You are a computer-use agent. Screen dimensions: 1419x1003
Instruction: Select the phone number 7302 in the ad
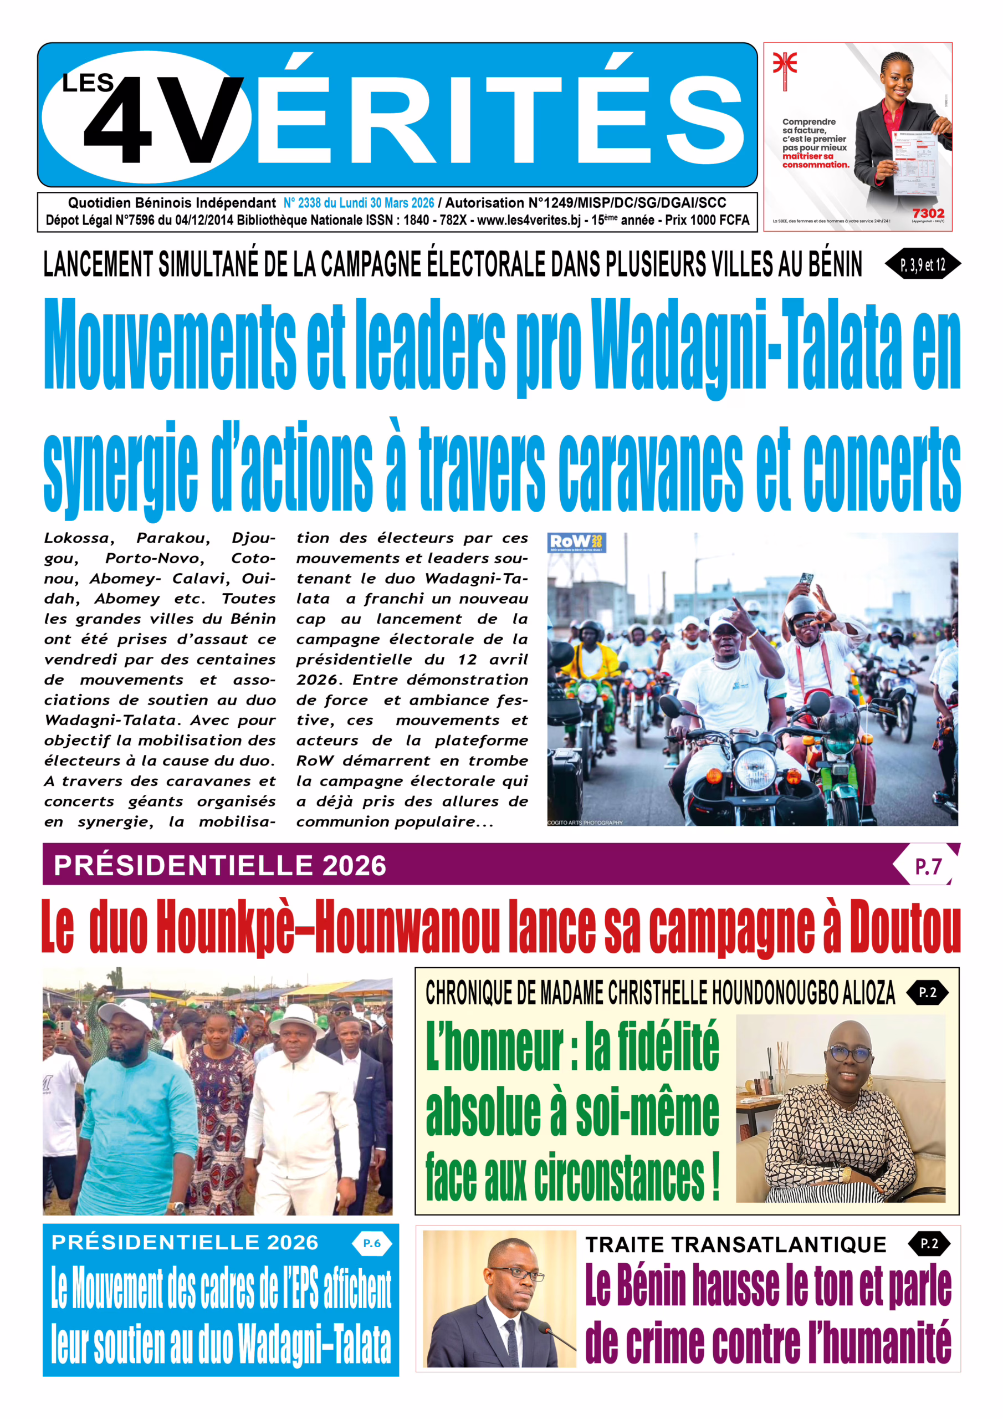pos(928,213)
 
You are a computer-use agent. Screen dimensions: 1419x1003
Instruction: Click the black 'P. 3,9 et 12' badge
pos(923,265)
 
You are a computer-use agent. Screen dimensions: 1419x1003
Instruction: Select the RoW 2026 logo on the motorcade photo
pos(576,543)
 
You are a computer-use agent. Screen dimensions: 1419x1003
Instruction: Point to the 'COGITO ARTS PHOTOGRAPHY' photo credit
pos(585,823)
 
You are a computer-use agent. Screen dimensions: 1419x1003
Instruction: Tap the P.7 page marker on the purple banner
pos(927,866)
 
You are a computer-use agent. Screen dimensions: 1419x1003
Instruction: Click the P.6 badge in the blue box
pos(371,1243)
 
